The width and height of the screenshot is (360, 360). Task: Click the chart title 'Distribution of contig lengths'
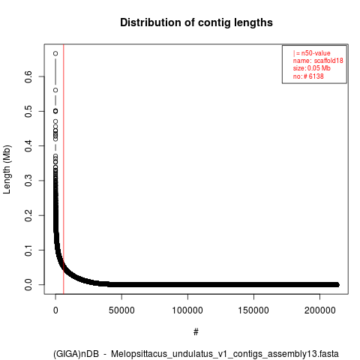(196, 22)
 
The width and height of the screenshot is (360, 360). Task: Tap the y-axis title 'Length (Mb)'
(7, 169)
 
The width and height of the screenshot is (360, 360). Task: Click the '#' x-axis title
(196, 332)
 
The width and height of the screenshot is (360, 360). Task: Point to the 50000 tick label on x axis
(121, 310)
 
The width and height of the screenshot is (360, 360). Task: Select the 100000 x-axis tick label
(187, 310)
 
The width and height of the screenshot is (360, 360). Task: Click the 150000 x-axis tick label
(253, 310)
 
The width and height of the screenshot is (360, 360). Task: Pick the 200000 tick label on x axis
(319, 310)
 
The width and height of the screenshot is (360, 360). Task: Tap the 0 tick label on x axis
(55, 310)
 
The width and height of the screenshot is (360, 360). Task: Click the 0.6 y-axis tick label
(28, 76)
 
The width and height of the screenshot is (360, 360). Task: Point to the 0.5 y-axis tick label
(28, 111)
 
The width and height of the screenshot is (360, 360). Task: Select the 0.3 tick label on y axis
(28, 181)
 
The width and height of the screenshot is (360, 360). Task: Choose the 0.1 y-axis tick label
(28, 250)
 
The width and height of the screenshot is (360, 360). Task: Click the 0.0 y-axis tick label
(28, 285)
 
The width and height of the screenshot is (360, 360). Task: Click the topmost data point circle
(55, 53)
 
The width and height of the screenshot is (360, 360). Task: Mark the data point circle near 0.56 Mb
(55, 90)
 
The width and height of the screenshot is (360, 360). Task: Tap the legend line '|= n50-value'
(312, 53)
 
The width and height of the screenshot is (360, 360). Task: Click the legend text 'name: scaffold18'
(318, 61)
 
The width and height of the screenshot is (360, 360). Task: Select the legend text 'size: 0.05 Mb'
(312, 68)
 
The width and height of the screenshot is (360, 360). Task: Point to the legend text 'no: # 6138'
(308, 76)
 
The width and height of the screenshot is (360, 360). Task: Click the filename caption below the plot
(196, 354)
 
